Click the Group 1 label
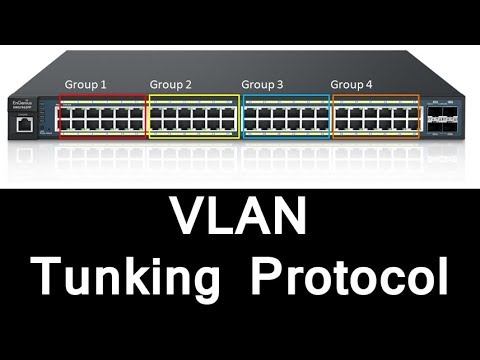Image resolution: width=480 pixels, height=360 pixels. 85,84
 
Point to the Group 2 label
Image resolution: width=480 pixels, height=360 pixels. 171,84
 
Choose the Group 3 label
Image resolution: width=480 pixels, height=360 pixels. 263,84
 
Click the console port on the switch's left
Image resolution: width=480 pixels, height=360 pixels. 23,125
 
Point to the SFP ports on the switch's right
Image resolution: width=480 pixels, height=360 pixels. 441,117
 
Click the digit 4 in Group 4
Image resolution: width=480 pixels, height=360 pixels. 369,84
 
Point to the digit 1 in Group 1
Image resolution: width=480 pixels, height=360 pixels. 103,84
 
